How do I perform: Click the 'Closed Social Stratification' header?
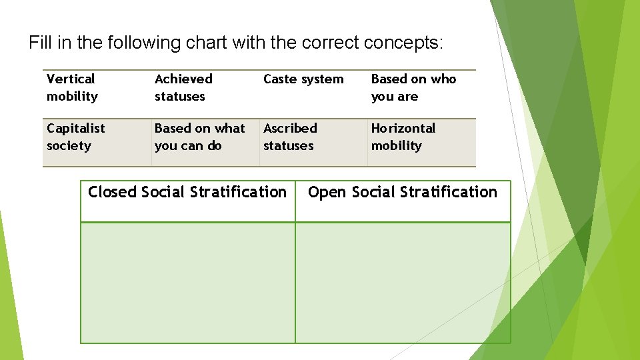point(187,193)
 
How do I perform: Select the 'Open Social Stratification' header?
point(403,193)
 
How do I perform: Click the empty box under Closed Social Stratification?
point(187,282)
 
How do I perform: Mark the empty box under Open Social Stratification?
point(403,282)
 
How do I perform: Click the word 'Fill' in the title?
point(39,43)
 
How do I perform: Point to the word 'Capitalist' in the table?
point(75,128)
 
